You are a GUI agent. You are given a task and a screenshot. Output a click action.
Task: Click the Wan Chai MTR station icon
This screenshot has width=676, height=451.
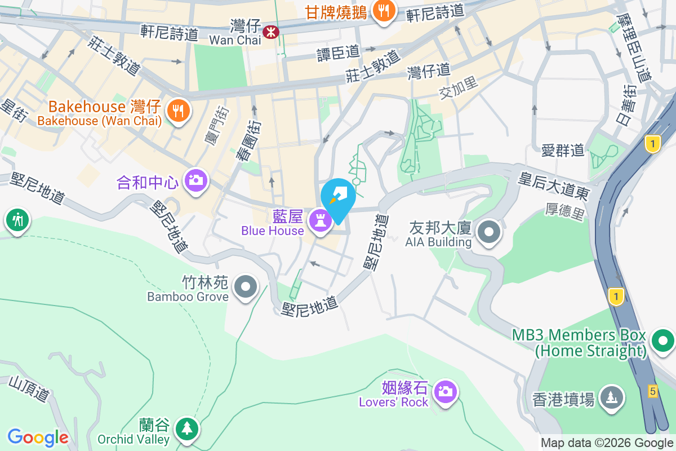point(271,32)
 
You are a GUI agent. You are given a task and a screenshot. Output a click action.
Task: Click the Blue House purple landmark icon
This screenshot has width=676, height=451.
point(321,221)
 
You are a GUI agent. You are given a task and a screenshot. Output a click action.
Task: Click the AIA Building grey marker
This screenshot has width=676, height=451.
point(488,232)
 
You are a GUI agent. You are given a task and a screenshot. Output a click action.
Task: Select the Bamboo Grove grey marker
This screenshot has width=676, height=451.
point(245,286)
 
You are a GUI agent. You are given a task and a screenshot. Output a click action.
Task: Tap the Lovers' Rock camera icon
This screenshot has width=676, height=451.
point(445,391)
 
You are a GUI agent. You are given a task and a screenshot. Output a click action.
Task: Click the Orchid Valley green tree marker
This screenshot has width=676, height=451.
point(186,430)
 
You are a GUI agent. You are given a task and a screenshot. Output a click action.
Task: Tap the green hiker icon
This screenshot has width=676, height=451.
point(17,219)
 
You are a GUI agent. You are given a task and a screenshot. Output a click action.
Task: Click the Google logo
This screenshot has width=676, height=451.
point(38,437)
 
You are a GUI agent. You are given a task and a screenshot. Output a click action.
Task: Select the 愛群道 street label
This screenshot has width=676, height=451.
point(563,151)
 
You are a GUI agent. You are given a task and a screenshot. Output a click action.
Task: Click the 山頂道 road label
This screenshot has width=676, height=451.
point(29,390)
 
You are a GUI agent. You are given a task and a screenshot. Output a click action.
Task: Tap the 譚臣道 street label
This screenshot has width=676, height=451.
point(338,52)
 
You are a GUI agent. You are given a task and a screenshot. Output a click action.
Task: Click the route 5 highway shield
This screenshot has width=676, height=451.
point(653,391)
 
